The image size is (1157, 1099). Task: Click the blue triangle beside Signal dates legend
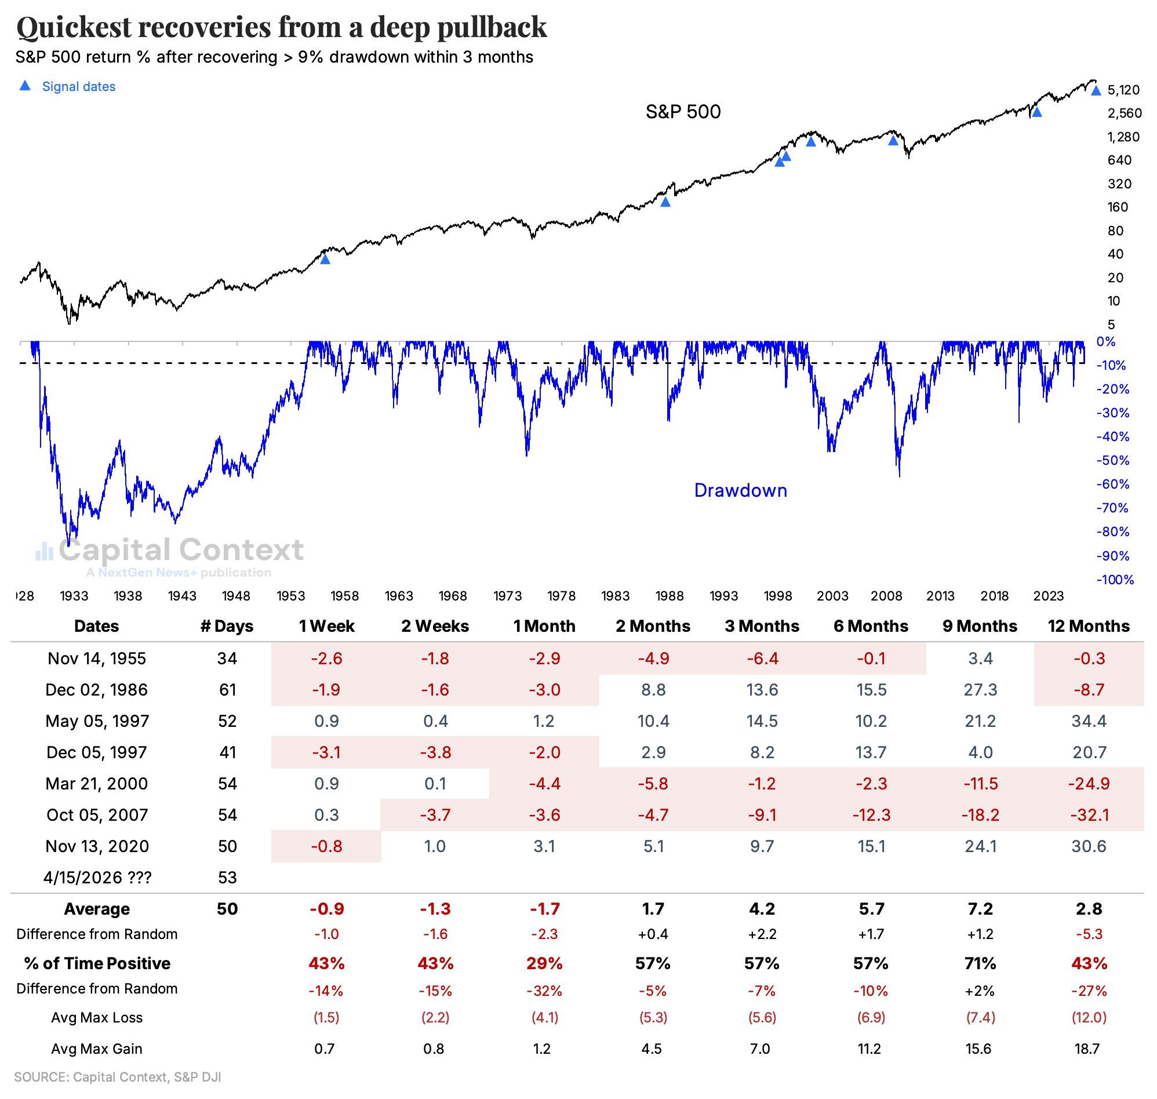pyautogui.click(x=24, y=86)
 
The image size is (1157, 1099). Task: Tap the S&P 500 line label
pyautogui.click(x=682, y=111)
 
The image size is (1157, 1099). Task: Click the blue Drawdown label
pyautogui.click(x=740, y=490)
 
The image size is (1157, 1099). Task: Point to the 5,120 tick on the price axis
pyautogui.click(x=1123, y=90)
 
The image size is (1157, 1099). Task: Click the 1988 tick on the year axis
pyautogui.click(x=669, y=596)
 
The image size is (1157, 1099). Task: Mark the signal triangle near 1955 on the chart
pyautogui.click(x=325, y=259)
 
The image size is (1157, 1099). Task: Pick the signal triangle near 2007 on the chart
pyautogui.click(x=893, y=141)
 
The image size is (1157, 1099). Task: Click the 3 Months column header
pyautogui.click(x=762, y=625)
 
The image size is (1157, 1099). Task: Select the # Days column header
pyautogui.click(x=227, y=625)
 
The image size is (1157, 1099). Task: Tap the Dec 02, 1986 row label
pyautogui.click(x=97, y=690)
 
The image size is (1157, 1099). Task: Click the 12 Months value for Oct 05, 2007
pyautogui.click(x=1089, y=815)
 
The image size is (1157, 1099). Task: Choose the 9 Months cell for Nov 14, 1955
pyautogui.click(x=980, y=658)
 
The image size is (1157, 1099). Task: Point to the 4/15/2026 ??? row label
pyautogui.click(x=97, y=878)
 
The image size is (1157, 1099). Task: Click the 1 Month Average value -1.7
pyautogui.click(x=544, y=909)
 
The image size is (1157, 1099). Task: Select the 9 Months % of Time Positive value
pyautogui.click(x=980, y=963)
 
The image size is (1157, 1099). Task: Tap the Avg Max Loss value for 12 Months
pyautogui.click(x=1089, y=1018)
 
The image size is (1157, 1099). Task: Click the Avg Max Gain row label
pyautogui.click(x=97, y=1049)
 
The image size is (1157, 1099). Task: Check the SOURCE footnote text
pyautogui.click(x=117, y=1077)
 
